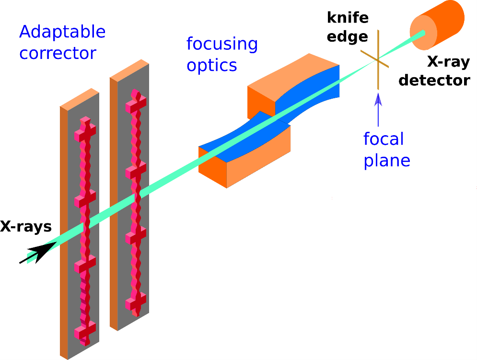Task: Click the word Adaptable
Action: pyautogui.click(x=62, y=33)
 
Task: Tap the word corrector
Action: pyautogui.click(x=58, y=53)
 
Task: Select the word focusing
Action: pyautogui.click(x=222, y=44)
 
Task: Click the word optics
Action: pyautogui.click(x=212, y=65)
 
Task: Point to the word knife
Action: pyautogui.click(x=348, y=18)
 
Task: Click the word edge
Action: pyautogui.click(x=348, y=37)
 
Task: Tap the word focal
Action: pyautogui.click(x=384, y=139)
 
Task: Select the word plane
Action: pyautogui.click(x=387, y=160)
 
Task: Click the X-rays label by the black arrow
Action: pyautogui.click(x=26, y=226)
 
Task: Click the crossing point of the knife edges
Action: pyautogui.click(x=378, y=59)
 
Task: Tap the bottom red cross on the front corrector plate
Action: pyautogui.click(x=85, y=330)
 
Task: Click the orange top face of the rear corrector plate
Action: pyautogui.click(x=128, y=69)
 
